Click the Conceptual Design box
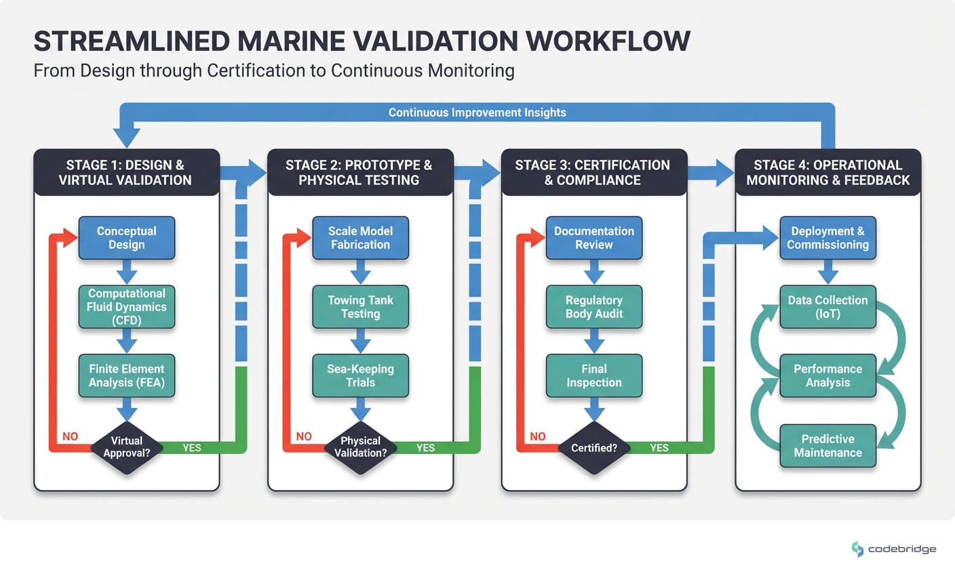click(x=127, y=238)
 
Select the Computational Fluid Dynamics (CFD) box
click(x=127, y=307)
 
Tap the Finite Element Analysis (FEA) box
click(x=127, y=376)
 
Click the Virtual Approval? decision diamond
click(x=127, y=447)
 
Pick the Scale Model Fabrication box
click(x=360, y=238)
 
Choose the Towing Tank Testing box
click(x=360, y=307)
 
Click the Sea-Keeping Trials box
click(x=360, y=376)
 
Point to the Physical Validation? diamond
click(x=360, y=447)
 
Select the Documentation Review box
click(x=594, y=238)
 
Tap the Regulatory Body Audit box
click(x=594, y=307)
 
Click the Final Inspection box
click(x=594, y=376)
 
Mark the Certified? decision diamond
click(x=594, y=448)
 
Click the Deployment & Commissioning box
click(x=827, y=238)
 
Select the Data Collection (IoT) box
click(x=827, y=307)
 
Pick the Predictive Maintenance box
click(x=827, y=446)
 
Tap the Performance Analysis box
click(x=827, y=376)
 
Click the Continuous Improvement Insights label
click(x=477, y=112)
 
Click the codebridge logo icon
click(x=858, y=549)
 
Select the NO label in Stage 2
click(x=304, y=436)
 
